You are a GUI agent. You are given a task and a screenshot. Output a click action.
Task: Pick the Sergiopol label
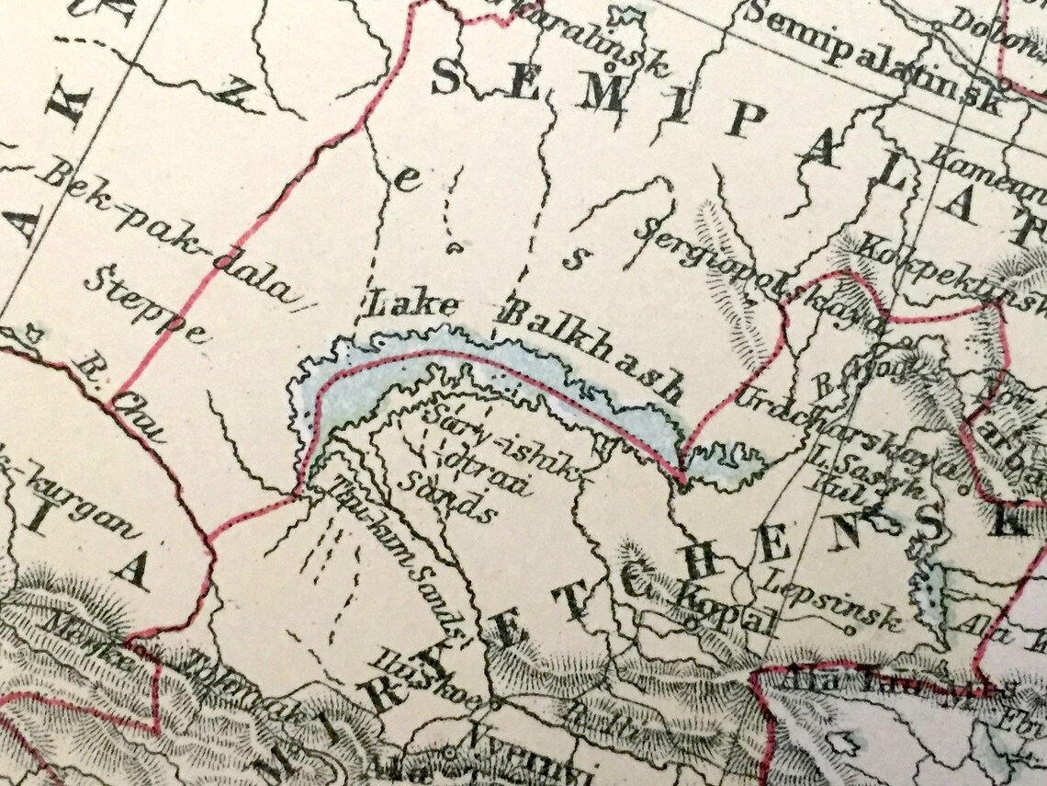tap(707, 267)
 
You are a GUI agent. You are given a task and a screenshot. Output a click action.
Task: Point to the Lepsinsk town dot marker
tap(848, 632)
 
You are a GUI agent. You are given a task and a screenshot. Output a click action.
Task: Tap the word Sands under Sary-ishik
tap(450, 496)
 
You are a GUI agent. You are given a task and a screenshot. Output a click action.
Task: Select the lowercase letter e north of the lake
tap(405, 180)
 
